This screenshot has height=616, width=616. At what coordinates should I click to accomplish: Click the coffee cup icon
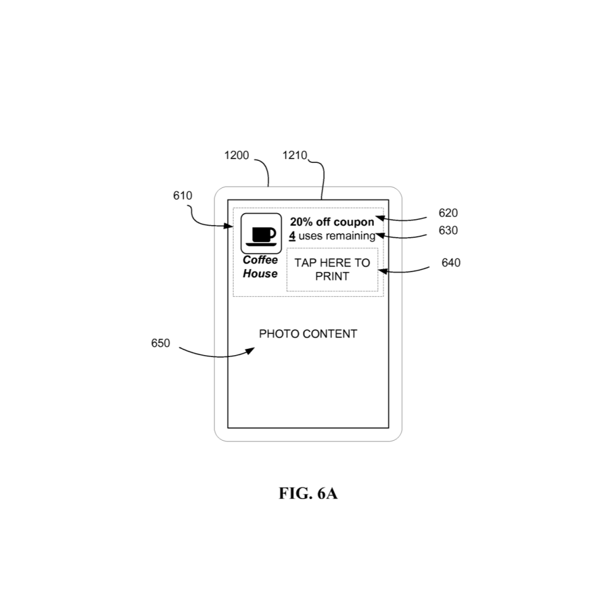(x=261, y=234)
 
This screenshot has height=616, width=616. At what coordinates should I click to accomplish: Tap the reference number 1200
(x=236, y=155)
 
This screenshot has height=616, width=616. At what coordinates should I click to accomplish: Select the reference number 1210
(x=295, y=155)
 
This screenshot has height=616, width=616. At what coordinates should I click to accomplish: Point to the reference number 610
(x=182, y=195)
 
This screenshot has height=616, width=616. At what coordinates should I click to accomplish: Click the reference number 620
(x=448, y=213)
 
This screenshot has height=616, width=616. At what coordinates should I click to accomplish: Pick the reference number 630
(x=448, y=231)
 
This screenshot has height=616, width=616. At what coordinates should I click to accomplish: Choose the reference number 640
(x=451, y=263)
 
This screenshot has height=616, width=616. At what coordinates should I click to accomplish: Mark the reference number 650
(x=160, y=343)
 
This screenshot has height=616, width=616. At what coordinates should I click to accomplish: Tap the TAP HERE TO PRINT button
(x=333, y=270)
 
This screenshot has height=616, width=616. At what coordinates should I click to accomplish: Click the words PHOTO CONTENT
(x=308, y=334)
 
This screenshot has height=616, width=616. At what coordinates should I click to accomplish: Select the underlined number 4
(x=292, y=236)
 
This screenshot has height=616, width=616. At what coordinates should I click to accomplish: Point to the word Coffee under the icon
(x=260, y=260)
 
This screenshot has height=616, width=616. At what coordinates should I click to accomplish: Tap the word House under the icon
(x=260, y=274)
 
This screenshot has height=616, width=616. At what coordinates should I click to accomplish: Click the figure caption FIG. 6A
(x=308, y=493)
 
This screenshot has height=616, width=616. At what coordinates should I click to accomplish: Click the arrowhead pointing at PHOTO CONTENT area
(x=251, y=351)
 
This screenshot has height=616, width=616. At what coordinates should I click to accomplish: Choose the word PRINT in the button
(x=333, y=277)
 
